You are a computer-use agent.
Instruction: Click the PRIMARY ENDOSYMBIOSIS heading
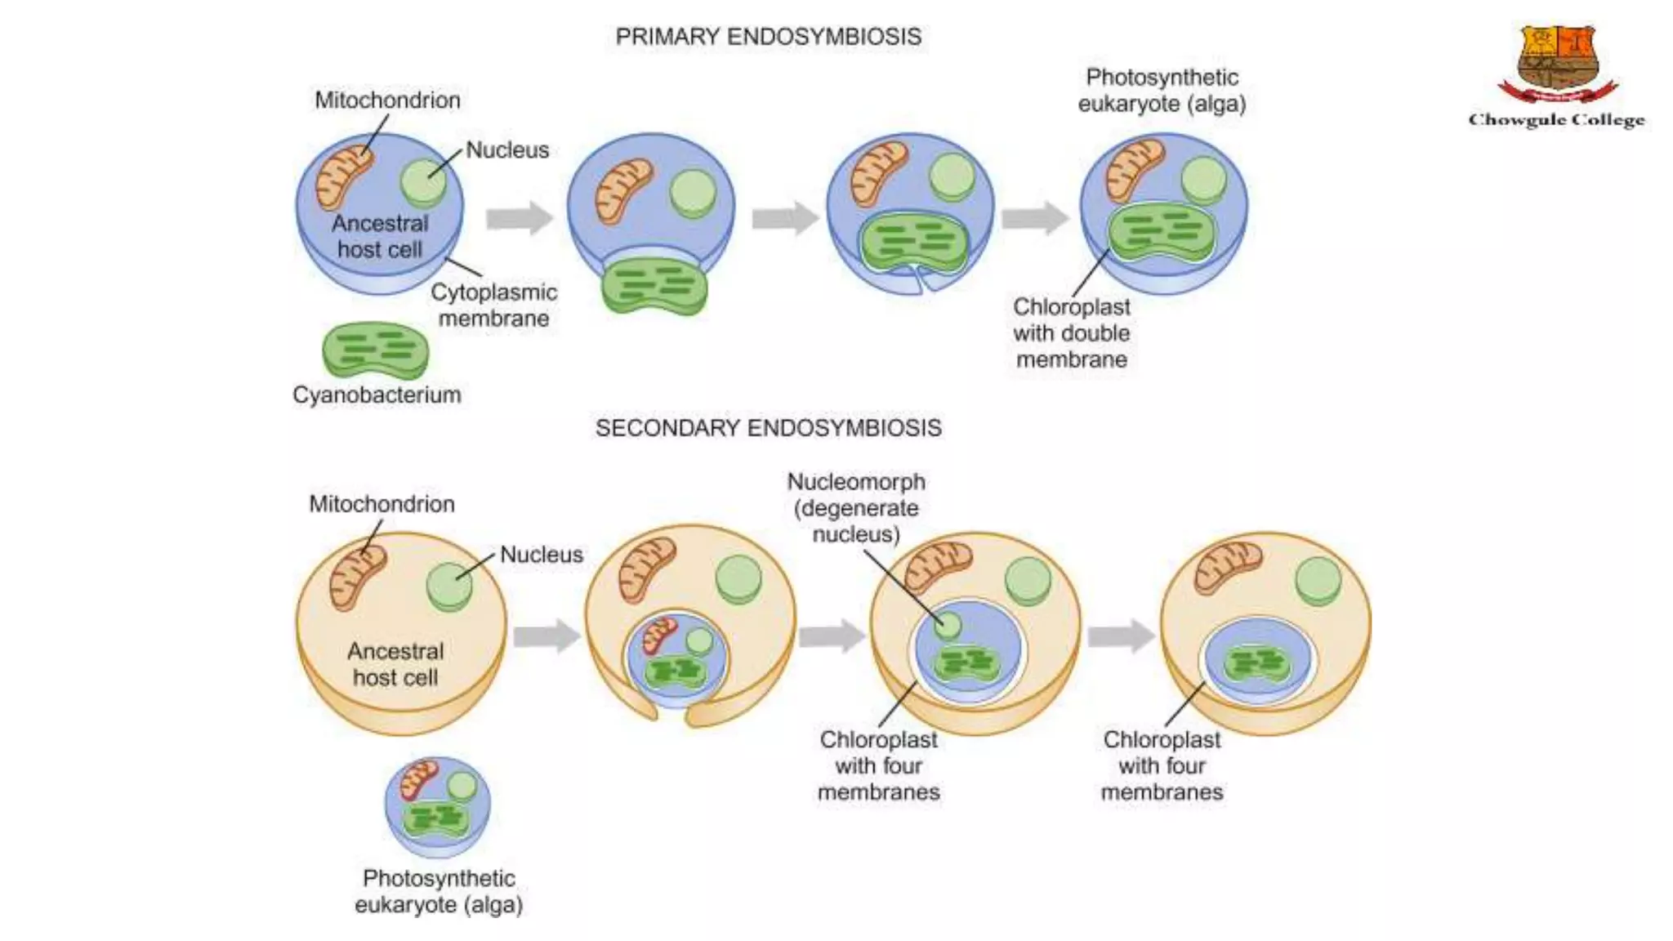[768, 37]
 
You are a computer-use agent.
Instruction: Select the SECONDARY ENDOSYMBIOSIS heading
[768, 428]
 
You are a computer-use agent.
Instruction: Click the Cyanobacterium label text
[377, 395]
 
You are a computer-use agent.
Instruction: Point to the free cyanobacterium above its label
[375, 350]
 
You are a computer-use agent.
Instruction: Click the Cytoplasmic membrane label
[493, 305]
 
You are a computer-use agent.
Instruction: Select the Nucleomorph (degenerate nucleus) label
[856, 508]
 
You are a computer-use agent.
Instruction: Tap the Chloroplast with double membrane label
[1071, 333]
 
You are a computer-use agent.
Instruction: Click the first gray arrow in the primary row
[519, 218]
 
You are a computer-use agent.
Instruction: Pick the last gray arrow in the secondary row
[1122, 636]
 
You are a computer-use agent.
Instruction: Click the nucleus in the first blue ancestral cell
[422, 182]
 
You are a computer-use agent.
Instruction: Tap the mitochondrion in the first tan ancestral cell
[357, 578]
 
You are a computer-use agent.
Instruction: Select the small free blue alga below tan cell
[438, 806]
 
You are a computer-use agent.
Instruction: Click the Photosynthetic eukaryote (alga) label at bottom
[439, 891]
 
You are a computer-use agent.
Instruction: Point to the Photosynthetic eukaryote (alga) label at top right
[1162, 91]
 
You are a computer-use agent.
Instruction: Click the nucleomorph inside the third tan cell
[948, 626]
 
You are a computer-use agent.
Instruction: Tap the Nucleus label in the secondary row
[541, 555]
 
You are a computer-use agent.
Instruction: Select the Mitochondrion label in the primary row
[387, 100]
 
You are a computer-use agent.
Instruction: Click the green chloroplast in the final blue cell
[1161, 232]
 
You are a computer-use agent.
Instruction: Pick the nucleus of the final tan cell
[1318, 580]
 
